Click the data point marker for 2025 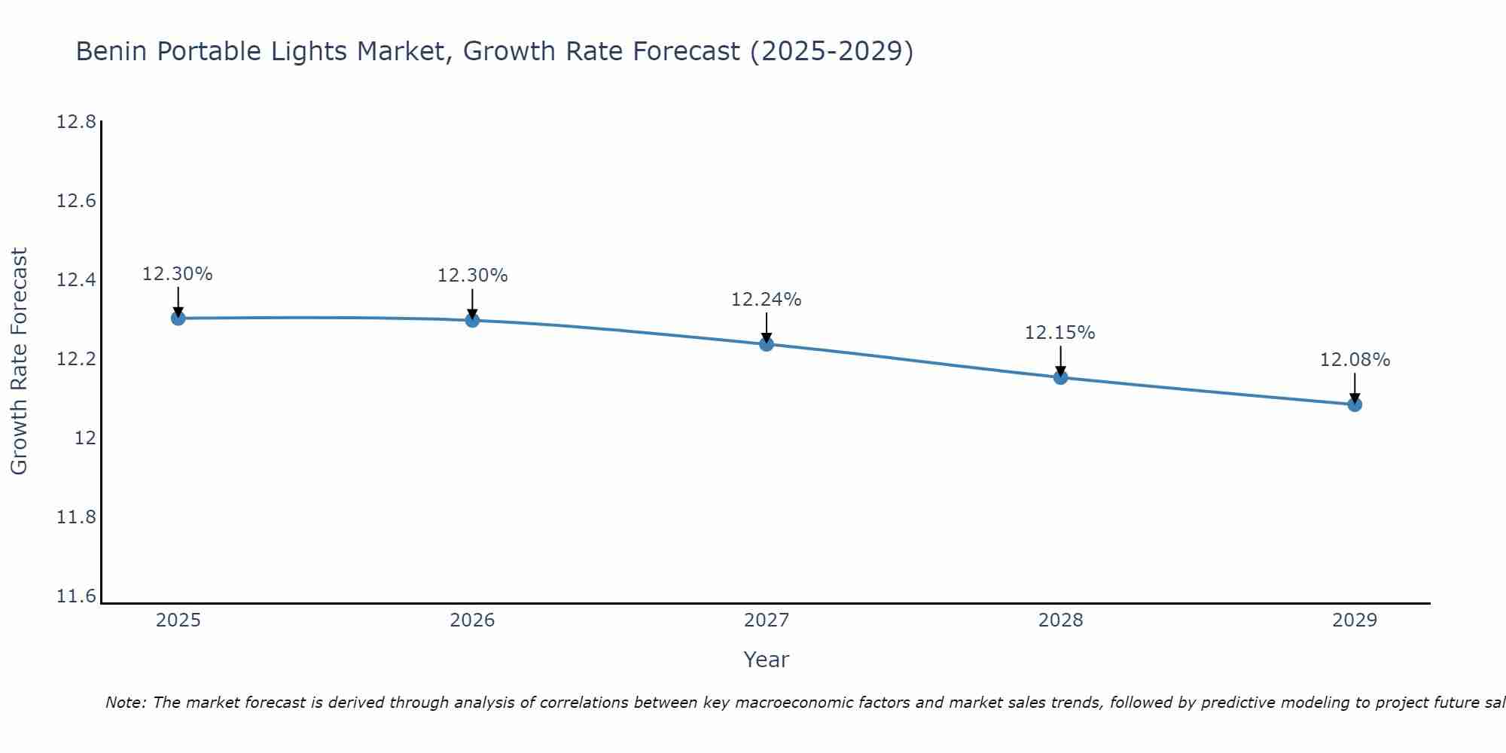pos(178,319)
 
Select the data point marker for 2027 pos(767,344)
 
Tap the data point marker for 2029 pos(1355,404)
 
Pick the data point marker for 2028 pos(1060,377)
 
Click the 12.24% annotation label pos(766,300)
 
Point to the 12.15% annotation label pos(1059,333)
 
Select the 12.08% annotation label pos(1355,360)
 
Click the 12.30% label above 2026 pos(472,276)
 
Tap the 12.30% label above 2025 pos(178,274)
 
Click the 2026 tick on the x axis pos(472,620)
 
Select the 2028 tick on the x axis pos(1060,620)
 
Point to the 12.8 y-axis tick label pos(76,122)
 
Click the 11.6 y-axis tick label pos(76,596)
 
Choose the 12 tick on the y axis pos(85,438)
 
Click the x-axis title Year pos(766,660)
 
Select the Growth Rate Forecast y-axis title pos(19,361)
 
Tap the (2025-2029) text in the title pos(831,51)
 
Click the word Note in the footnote pos(125,703)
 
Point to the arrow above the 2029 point pos(1355,387)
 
